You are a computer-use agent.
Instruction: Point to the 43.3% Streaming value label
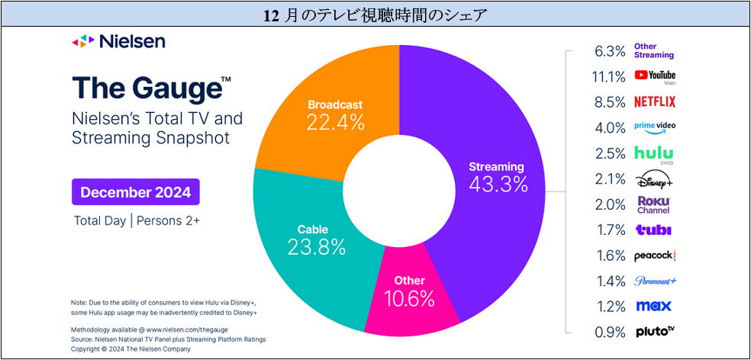coord(498,185)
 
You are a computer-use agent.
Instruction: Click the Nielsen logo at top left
coord(118,42)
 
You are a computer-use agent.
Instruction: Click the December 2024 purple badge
coord(136,192)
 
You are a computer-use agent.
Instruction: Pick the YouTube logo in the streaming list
coord(654,76)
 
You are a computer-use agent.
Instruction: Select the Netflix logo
coord(654,101)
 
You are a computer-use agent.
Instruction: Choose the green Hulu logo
coord(654,154)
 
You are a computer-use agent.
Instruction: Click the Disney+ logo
coord(654,180)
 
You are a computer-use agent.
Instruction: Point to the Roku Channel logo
coord(654,205)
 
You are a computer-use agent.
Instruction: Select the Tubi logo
coord(654,230)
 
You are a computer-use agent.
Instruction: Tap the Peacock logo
coord(654,256)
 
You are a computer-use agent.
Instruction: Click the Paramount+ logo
coord(654,281)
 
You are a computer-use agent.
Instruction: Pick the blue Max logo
coord(654,306)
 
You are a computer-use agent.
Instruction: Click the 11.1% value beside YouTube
coord(608,76)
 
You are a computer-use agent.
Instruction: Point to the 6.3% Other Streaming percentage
coord(611,51)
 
